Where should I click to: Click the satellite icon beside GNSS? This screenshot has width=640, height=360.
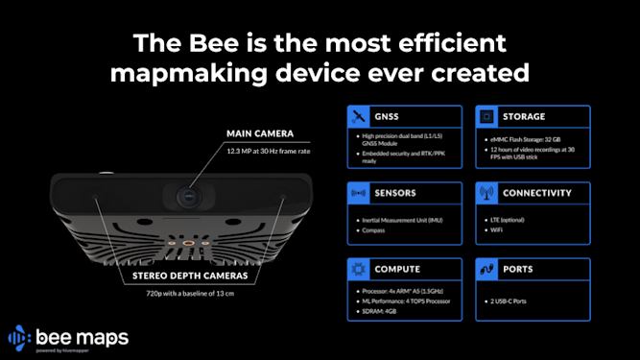tap(358, 116)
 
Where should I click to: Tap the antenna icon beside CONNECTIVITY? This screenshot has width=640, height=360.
tap(486, 192)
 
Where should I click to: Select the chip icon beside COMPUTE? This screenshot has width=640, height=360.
tap(358, 269)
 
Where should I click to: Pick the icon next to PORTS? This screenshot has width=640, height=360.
tap(486, 269)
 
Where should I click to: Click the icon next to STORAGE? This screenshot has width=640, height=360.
tap(486, 116)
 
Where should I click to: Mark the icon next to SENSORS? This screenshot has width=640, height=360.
tap(358, 192)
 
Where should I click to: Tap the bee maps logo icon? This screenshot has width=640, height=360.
tap(19, 339)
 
